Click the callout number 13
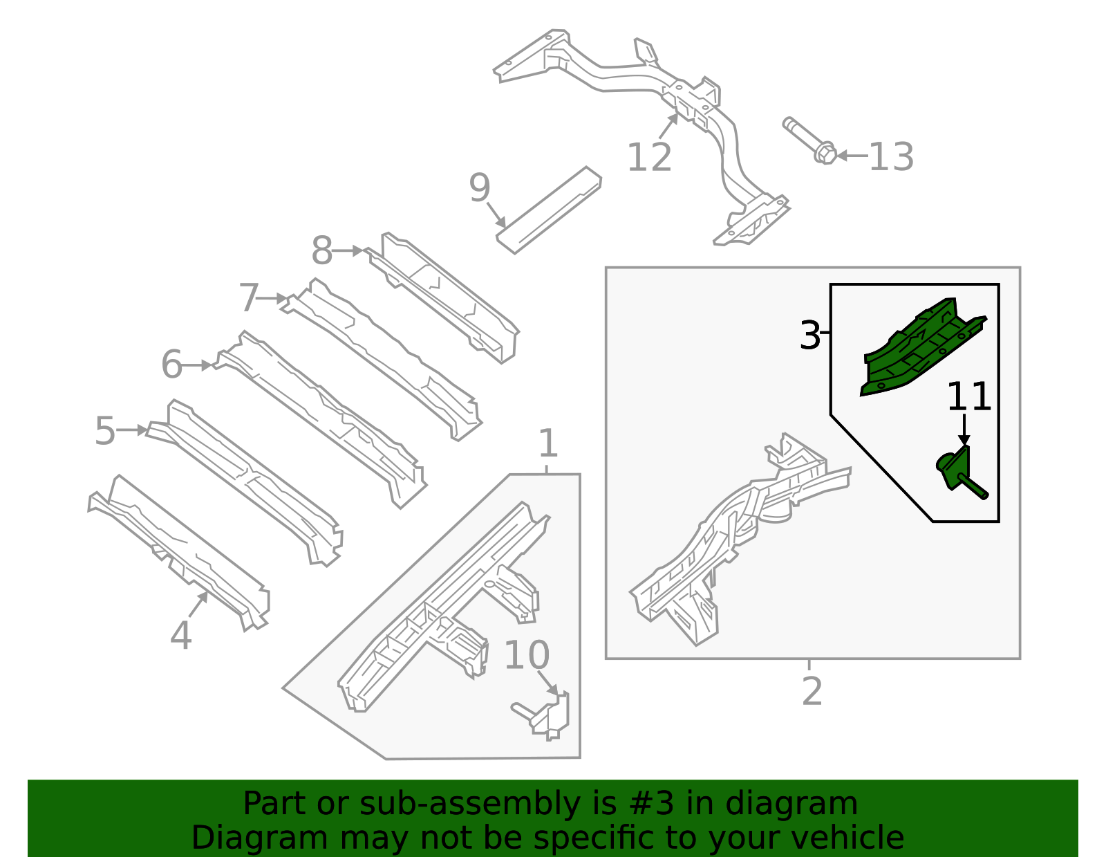(x=890, y=157)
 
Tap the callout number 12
(x=648, y=158)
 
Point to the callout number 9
(x=479, y=188)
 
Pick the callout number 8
(x=321, y=251)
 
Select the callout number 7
(x=248, y=298)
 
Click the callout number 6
(x=171, y=365)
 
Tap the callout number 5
(x=105, y=431)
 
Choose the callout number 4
(x=180, y=635)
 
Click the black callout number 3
(x=809, y=336)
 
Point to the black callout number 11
(x=968, y=398)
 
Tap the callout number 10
(x=527, y=655)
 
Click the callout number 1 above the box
(x=547, y=443)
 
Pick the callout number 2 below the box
(x=812, y=691)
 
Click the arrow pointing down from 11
(x=964, y=431)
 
